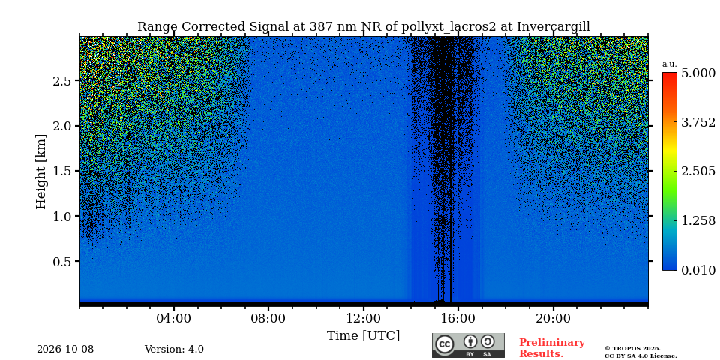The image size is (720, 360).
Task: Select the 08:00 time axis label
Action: tap(268, 318)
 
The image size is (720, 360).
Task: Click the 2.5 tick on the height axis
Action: tap(62, 81)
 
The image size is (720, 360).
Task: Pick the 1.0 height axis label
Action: tap(62, 216)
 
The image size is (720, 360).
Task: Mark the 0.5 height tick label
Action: tap(62, 261)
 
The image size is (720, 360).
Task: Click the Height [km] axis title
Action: tap(41, 172)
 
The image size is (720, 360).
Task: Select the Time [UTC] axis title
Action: tap(363, 336)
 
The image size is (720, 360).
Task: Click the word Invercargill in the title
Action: tap(553, 27)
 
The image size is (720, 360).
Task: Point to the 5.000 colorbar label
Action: tap(698, 73)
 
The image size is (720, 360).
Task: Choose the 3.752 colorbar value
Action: tap(698, 122)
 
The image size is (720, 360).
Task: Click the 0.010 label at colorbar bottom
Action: tap(698, 270)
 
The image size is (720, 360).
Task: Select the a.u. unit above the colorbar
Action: tap(670, 64)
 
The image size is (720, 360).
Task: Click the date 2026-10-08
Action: tap(65, 349)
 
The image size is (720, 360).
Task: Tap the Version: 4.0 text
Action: tap(174, 349)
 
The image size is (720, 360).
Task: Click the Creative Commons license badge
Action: tap(468, 345)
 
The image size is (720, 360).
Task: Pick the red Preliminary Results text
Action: tap(552, 348)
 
